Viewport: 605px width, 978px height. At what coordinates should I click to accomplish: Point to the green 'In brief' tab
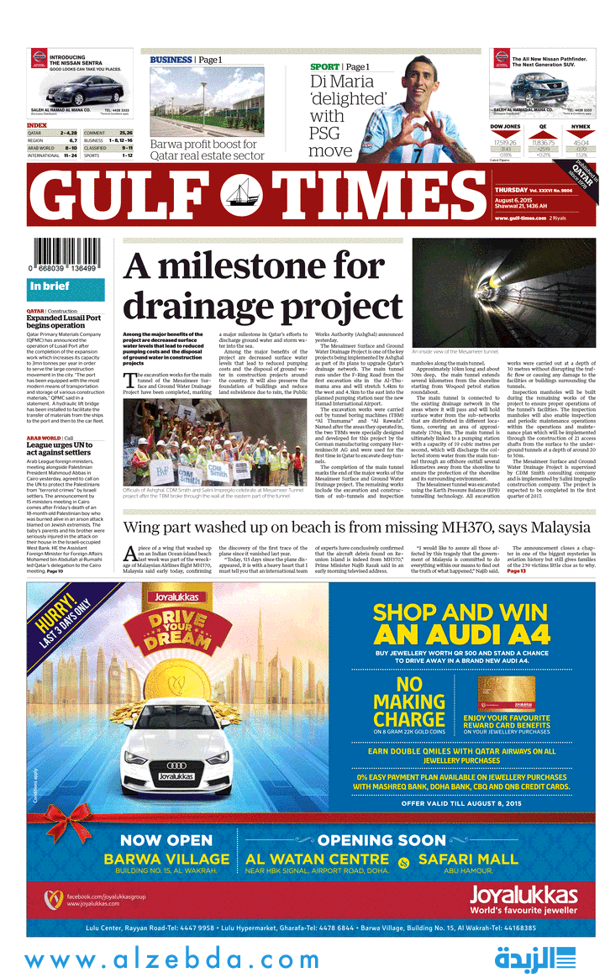pos(66,287)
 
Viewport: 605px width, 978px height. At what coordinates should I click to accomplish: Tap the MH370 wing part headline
pos(357,528)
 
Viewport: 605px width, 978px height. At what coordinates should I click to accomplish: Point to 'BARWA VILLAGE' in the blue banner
pos(166,859)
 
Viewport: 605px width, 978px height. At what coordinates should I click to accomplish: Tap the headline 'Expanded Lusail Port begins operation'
pos(63,322)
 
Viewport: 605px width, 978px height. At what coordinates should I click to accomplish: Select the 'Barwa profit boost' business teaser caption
pos(207,150)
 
